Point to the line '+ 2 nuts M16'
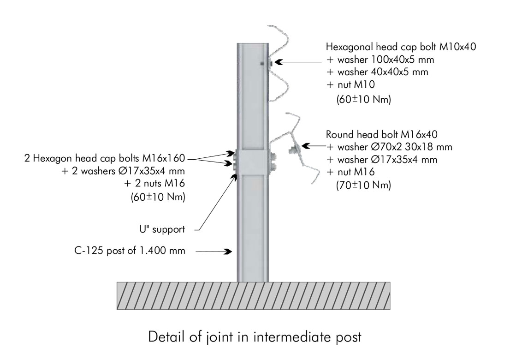[155, 184]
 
